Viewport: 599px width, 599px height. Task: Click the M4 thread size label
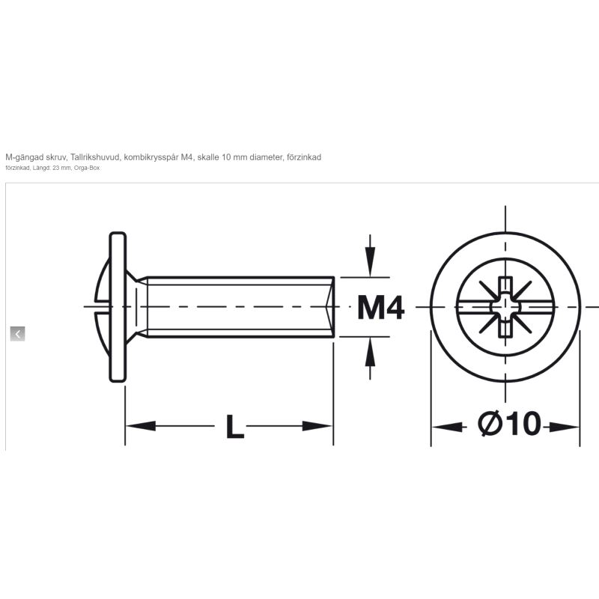380,308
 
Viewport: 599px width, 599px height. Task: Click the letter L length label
234,426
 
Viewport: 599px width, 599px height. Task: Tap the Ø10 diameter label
510,423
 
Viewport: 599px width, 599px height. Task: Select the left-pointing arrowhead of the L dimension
141,425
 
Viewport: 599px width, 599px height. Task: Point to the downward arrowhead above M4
370,261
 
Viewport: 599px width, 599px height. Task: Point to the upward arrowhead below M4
370,352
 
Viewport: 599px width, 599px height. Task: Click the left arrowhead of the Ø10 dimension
447,426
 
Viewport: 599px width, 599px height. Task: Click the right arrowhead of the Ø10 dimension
565,426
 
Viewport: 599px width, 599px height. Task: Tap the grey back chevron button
17,334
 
